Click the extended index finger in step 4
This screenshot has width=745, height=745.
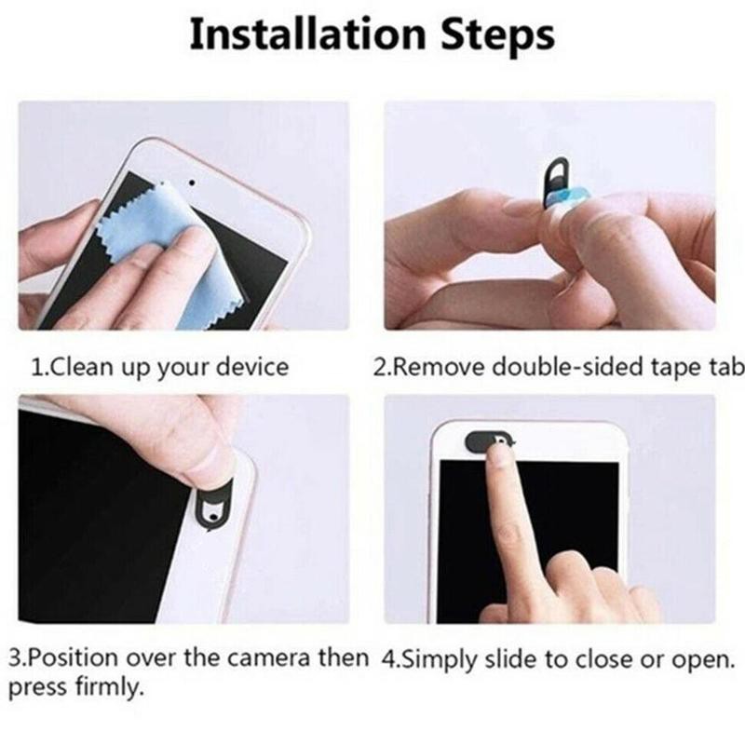[511, 521]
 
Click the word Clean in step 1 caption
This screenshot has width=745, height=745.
[78, 367]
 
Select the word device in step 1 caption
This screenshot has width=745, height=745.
[252, 367]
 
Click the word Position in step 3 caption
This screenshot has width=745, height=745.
[74, 658]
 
